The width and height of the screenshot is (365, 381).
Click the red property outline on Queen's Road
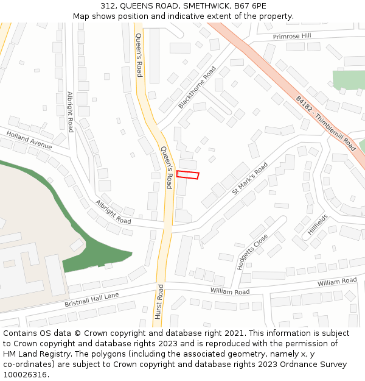pyautogui.click(x=187, y=175)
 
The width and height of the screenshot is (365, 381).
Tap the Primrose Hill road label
pyautogui.click(x=292, y=36)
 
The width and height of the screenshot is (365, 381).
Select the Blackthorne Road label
pyautogui.click(x=197, y=88)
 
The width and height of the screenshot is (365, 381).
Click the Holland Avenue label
pyautogui.click(x=29, y=140)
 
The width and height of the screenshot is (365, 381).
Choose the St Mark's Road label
pyautogui.click(x=249, y=178)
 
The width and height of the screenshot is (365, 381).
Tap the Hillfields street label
pyautogui.click(x=318, y=224)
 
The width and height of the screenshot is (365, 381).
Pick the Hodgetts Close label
pyautogui.click(x=252, y=252)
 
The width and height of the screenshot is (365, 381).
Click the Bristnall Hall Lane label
pyautogui.click(x=92, y=299)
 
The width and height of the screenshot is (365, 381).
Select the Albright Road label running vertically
pyautogui.click(x=71, y=112)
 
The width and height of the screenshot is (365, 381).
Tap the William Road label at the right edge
pyautogui.click(x=337, y=282)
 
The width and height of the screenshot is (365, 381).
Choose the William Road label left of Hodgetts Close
pyautogui.click(x=230, y=292)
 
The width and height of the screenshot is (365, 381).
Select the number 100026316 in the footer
pyautogui.click(x=24, y=374)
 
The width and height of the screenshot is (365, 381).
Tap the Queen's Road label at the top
pyautogui.click(x=139, y=55)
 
